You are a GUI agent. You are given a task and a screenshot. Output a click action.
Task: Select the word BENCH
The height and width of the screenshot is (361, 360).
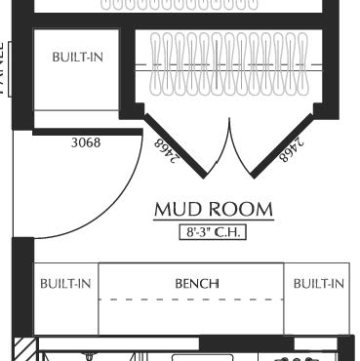(196, 284)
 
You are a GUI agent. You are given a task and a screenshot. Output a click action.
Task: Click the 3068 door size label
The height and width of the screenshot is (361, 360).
(86, 142)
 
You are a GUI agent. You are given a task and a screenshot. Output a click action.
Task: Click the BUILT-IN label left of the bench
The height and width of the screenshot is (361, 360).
(65, 284)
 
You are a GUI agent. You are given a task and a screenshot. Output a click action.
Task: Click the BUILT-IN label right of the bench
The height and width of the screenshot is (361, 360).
(319, 284)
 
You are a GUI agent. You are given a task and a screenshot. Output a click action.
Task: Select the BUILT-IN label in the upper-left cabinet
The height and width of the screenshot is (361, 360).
(77, 57)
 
